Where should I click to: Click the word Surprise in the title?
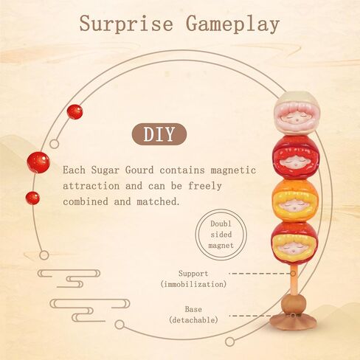126,24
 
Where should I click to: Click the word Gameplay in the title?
232,24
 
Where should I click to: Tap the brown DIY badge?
159,134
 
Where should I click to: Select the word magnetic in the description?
233,170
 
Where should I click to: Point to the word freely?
205,186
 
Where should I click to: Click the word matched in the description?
159,201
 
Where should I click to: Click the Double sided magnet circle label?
221,235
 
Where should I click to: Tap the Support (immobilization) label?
193,279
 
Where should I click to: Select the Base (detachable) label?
193,314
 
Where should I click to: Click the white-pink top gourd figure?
297,113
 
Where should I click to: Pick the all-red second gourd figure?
296,157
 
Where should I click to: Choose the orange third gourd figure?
295,200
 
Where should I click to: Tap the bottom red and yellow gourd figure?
294,243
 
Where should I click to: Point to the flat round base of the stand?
293,322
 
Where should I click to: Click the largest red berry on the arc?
38,162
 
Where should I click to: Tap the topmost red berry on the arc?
75,112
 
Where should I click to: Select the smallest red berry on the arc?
32,198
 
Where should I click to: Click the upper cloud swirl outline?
69,278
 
